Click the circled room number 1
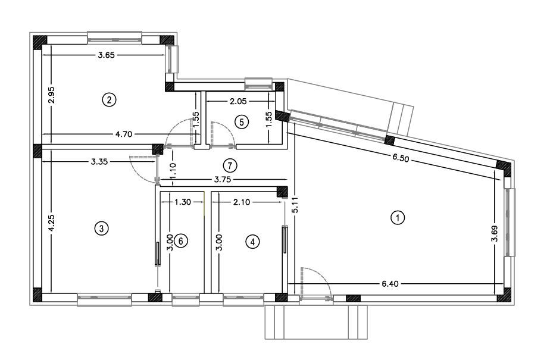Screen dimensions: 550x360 398,218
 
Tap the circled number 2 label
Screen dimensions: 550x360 109,100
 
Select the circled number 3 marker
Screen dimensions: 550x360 101,228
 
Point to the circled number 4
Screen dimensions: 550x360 252,242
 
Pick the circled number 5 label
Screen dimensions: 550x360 241,123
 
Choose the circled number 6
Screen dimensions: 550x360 181,241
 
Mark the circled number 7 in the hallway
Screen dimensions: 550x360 230,165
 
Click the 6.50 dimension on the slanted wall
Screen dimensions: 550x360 401,158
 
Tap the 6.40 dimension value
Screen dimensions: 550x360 390,284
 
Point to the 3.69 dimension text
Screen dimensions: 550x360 495,233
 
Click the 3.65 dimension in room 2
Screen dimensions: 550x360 107,55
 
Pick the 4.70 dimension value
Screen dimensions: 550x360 124,134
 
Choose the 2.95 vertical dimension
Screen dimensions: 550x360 51,95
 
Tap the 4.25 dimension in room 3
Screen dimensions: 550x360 51,223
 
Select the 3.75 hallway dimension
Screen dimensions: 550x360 223,180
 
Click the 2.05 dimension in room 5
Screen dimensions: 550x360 238,101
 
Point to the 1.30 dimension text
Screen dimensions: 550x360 183,202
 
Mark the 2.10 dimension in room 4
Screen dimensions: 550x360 242,202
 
